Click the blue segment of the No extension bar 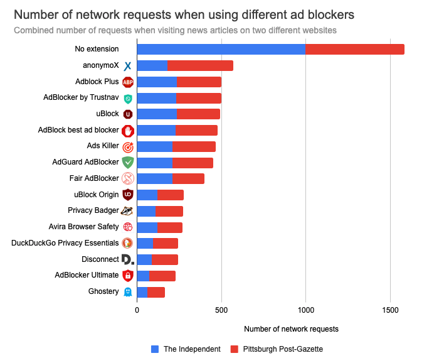tap(221, 49)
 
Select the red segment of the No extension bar tap(355, 49)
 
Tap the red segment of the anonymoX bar tap(201, 65)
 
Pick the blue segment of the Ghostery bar tap(142, 291)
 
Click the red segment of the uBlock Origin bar tap(171, 195)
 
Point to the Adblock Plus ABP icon tap(128, 82)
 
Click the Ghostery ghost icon tap(128, 292)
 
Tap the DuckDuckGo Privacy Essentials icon tap(127, 243)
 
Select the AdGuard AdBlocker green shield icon tap(128, 162)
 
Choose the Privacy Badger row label tap(93, 210)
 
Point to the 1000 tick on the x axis tap(305, 310)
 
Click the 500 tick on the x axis tap(221, 310)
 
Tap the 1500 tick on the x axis tap(390, 310)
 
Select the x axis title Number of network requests tap(291, 328)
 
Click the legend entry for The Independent tap(186, 349)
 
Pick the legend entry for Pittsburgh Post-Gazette tap(276, 349)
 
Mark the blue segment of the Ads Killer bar tap(154, 146)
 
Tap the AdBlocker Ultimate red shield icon tap(128, 275)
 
